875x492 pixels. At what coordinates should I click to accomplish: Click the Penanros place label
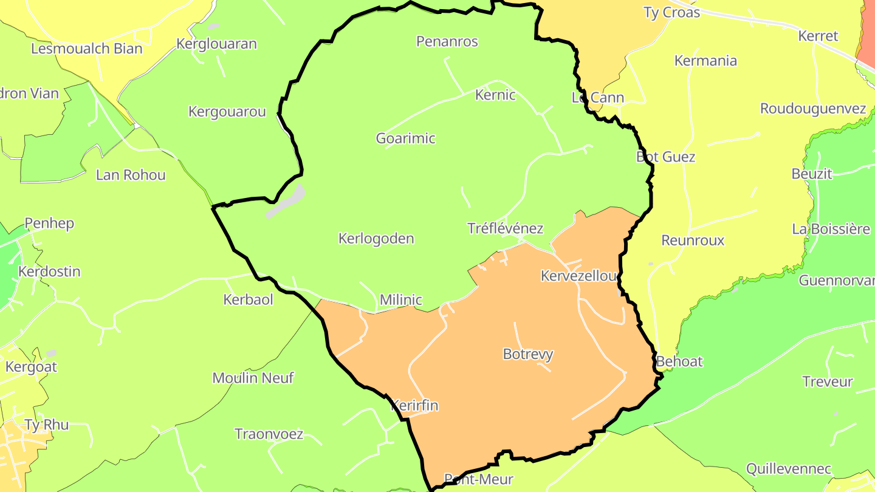pos(447,41)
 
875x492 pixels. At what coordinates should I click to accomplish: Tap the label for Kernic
pos(495,95)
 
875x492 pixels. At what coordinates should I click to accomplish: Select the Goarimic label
pos(406,138)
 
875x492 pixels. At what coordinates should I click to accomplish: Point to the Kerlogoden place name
pos(376,238)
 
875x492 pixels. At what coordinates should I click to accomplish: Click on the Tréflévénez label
pos(505,228)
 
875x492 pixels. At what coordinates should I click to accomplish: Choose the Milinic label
pos(400,299)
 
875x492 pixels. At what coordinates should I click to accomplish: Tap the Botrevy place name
pos(528,354)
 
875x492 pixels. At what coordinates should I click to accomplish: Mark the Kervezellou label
pos(579,276)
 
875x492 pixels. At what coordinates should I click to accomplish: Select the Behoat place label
pos(679,361)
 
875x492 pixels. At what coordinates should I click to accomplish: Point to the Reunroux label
pos(693,240)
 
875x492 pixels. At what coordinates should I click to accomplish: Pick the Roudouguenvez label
pos(813,109)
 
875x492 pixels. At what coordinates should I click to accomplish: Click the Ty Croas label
pos(671,12)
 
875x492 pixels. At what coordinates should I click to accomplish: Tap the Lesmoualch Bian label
pos(86,49)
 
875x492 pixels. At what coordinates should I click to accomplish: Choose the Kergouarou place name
pos(227,112)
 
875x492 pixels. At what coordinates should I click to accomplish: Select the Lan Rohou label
pos(131,175)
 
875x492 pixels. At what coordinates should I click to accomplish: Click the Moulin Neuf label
pos(253,378)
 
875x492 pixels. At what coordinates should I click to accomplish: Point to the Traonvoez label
pos(269,434)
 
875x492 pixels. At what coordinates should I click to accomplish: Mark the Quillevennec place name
pos(789,469)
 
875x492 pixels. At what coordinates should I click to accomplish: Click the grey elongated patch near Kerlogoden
pos(285,202)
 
